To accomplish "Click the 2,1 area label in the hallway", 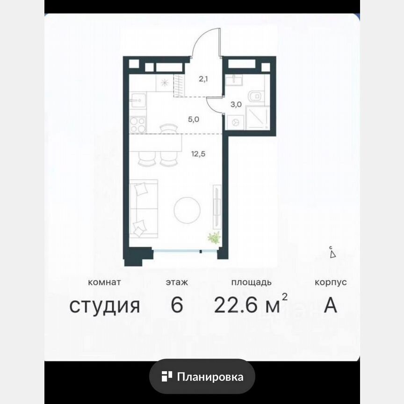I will [x=203, y=79].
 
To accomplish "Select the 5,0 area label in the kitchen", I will [x=194, y=119].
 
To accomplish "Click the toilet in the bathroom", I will [x=255, y=97].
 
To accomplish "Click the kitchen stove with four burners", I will [x=138, y=124].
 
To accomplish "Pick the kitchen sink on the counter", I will [x=137, y=99].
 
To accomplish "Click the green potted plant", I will [x=214, y=238].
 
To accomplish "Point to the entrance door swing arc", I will [x=206, y=42].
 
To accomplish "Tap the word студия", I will [x=105, y=306].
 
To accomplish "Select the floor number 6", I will [x=176, y=306].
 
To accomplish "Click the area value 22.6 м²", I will [x=251, y=306].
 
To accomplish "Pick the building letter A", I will [x=331, y=306].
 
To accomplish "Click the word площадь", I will [x=251, y=282].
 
